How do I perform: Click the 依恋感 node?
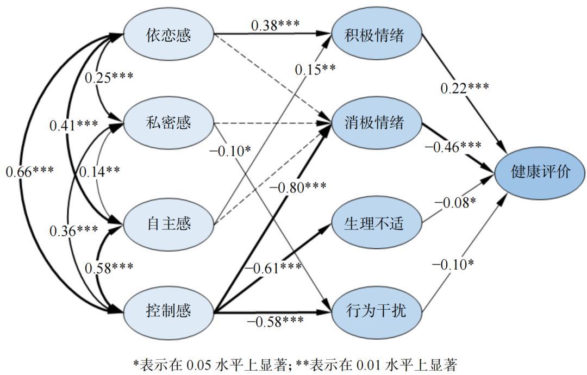168,35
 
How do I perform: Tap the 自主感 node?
168,223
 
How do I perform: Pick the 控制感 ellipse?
168,311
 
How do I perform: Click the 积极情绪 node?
375,35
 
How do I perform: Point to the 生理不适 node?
375,223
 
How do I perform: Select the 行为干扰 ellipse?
375,311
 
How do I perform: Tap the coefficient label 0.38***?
275,25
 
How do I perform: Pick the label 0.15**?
315,69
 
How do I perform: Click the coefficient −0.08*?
455,203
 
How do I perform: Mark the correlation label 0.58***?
109,267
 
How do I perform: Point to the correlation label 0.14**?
99,172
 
